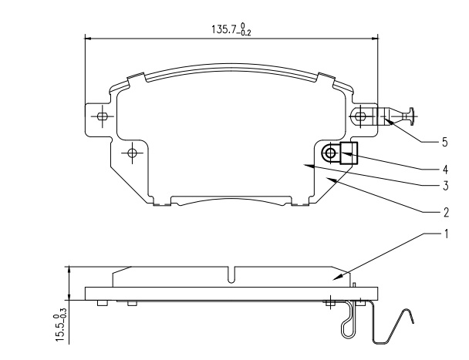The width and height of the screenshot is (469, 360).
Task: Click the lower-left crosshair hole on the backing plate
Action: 133,153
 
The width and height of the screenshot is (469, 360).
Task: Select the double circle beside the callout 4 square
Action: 330,153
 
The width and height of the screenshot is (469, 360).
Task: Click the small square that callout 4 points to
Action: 349,153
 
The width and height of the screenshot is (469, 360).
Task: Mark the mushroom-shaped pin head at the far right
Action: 410,116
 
